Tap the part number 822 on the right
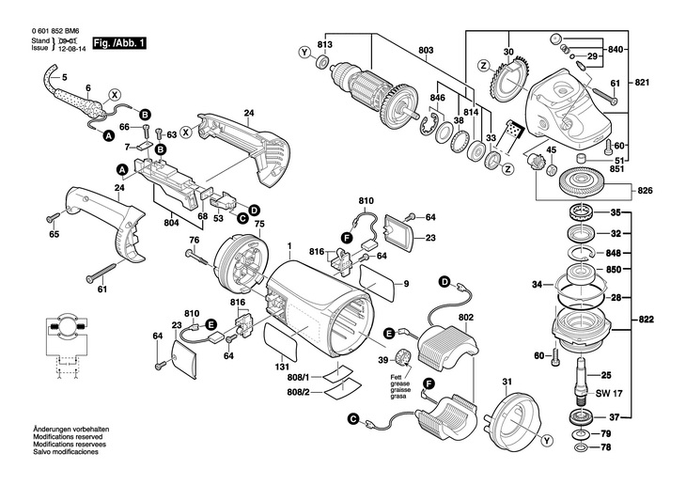pyautogui.click(x=646, y=321)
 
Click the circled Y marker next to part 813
pyautogui.click(x=304, y=51)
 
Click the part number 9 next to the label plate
pyautogui.click(x=407, y=285)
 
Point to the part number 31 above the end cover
pyautogui.click(x=507, y=381)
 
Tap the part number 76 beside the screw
pyautogui.click(x=193, y=241)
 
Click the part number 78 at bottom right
pyautogui.click(x=606, y=448)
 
